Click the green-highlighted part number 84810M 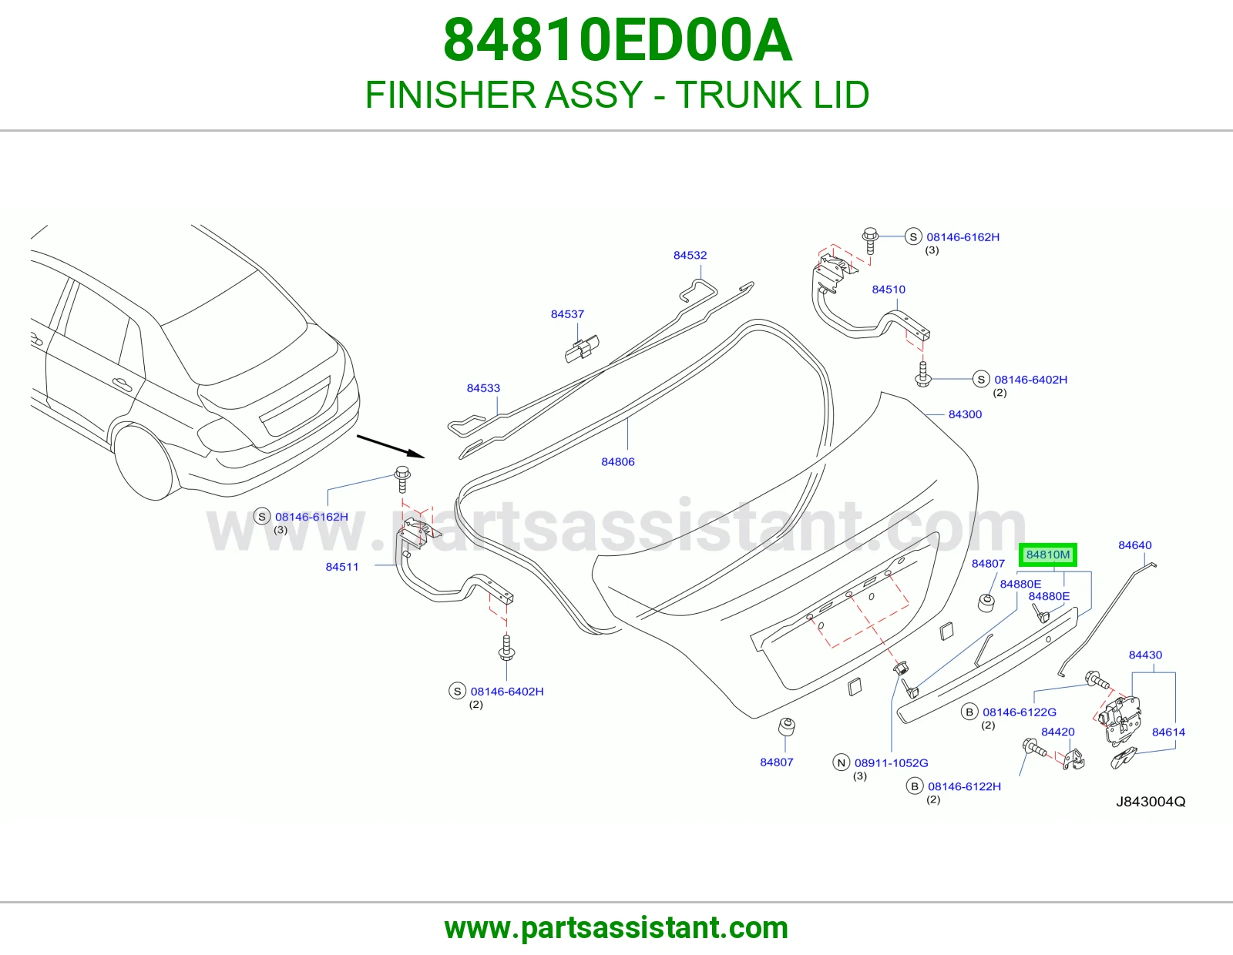coord(1047,555)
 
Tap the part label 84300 coord(965,414)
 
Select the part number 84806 coord(618,462)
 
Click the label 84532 coord(690,255)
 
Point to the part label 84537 coord(567,314)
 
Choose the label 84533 coord(483,388)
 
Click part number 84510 coord(889,290)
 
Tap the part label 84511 coord(342,567)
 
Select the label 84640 coord(1135,545)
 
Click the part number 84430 coord(1145,655)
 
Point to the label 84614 coord(1168,732)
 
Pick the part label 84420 coord(1057,732)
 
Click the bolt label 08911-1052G coord(892,763)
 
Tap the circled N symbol coord(841,762)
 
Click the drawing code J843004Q coord(1151,802)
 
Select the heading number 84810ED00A coord(617,40)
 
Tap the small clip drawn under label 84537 coord(582,349)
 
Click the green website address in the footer coord(616,928)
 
